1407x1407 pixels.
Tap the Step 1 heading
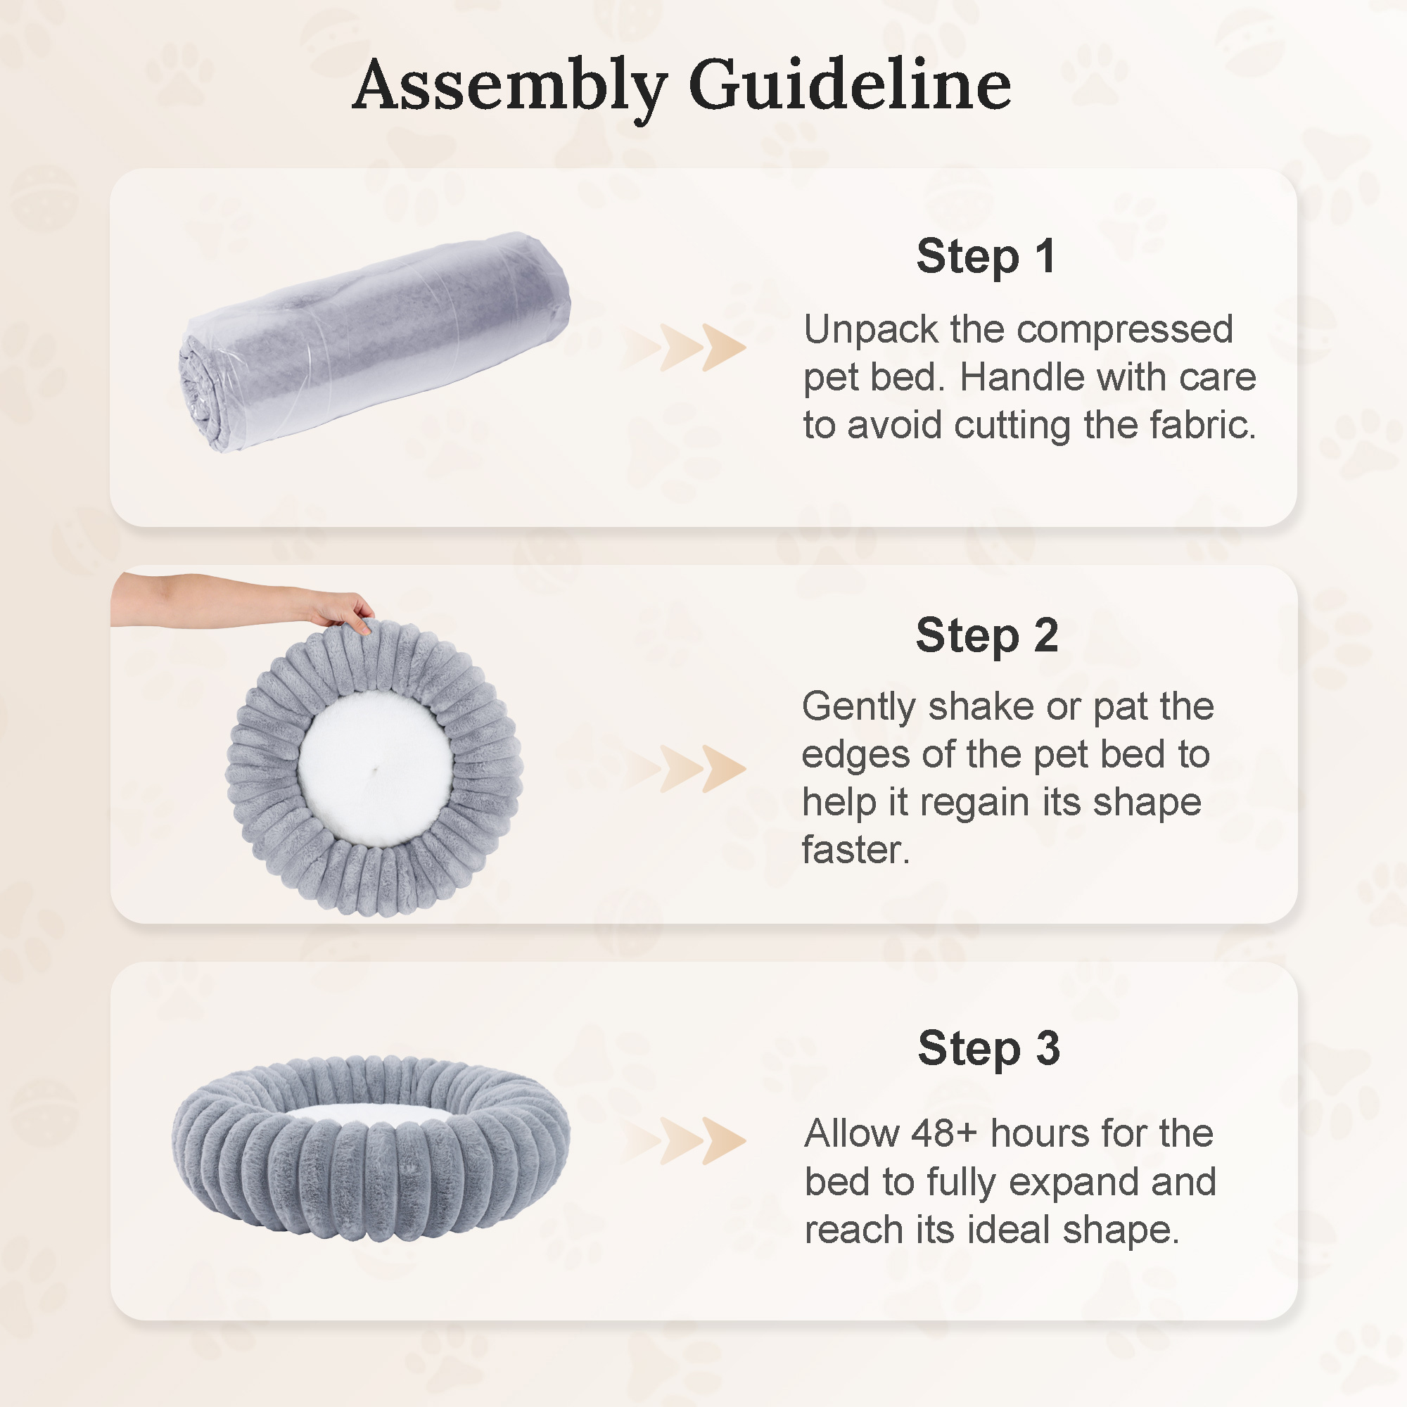986,256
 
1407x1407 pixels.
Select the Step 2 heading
987,635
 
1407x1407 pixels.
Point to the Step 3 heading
988,1048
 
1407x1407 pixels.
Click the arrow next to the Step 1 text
685,347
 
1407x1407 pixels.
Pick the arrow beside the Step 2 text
685,768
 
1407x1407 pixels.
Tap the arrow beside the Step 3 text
685,1140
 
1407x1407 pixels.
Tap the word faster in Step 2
855,850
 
